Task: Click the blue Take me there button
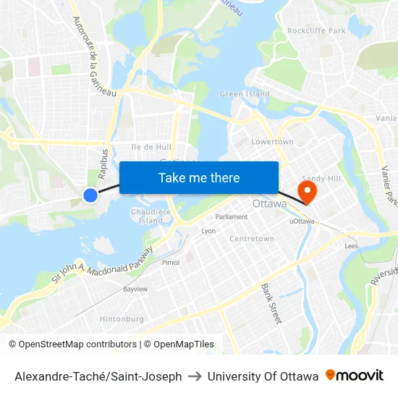(x=199, y=177)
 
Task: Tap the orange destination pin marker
(x=308, y=192)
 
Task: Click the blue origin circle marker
(x=90, y=195)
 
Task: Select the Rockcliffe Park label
(x=316, y=30)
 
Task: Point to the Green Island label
(x=245, y=94)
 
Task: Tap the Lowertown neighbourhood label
(x=272, y=142)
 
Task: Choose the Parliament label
(x=232, y=217)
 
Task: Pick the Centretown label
(x=252, y=239)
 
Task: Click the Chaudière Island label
(x=151, y=216)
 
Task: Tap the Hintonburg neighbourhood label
(x=122, y=319)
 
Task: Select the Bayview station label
(x=135, y=289)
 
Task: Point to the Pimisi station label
(x=171, y=263)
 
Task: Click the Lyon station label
(x=208, y=232)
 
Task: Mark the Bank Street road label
(x=271, y=303)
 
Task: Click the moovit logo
(x=355, y=376)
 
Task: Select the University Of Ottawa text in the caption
(x=263, y=376)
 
